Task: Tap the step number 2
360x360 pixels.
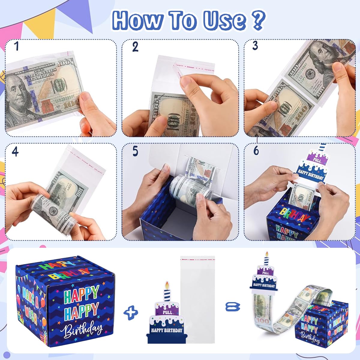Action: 135,47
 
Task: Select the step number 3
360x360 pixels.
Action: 255,46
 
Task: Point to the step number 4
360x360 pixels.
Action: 15,151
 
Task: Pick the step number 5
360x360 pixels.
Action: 135,151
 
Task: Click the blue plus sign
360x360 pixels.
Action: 131,313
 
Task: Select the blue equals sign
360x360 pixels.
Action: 233,307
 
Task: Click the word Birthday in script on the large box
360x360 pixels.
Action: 83,329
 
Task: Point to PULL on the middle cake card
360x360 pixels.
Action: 167,312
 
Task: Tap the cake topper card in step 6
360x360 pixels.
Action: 312,168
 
